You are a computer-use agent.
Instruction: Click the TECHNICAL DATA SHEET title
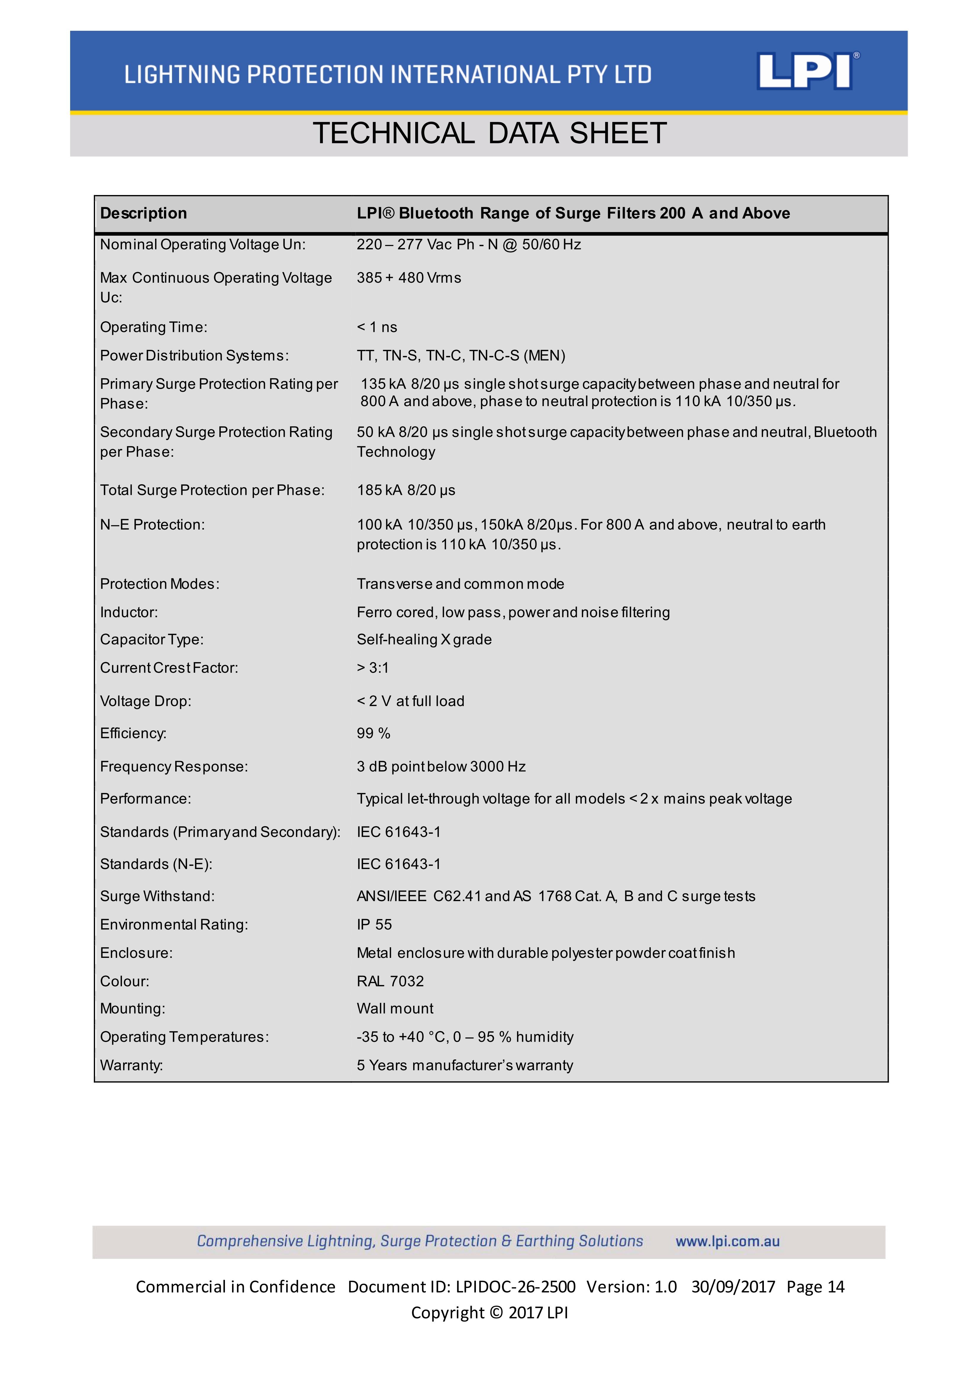[x=489, y=133]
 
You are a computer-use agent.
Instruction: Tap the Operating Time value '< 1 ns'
[x=377, y=327]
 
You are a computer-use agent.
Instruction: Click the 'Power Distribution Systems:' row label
[x=194, y=355]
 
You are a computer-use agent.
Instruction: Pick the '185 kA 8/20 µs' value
[x=406, y=490]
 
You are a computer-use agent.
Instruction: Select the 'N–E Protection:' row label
[x=153, y=525]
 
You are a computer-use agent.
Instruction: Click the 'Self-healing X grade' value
[x=424, y=639]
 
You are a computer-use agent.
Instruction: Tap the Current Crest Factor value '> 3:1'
[x=373, y=668]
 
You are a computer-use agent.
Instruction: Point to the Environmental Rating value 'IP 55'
[x=374, y=924]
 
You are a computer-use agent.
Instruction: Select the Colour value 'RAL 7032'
[x=390, y=981]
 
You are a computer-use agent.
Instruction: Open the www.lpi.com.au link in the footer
[x=727, y=1241]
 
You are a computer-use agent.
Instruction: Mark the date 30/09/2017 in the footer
[x=733, y=1287]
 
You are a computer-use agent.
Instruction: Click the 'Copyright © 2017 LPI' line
[x=489, y=1312]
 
